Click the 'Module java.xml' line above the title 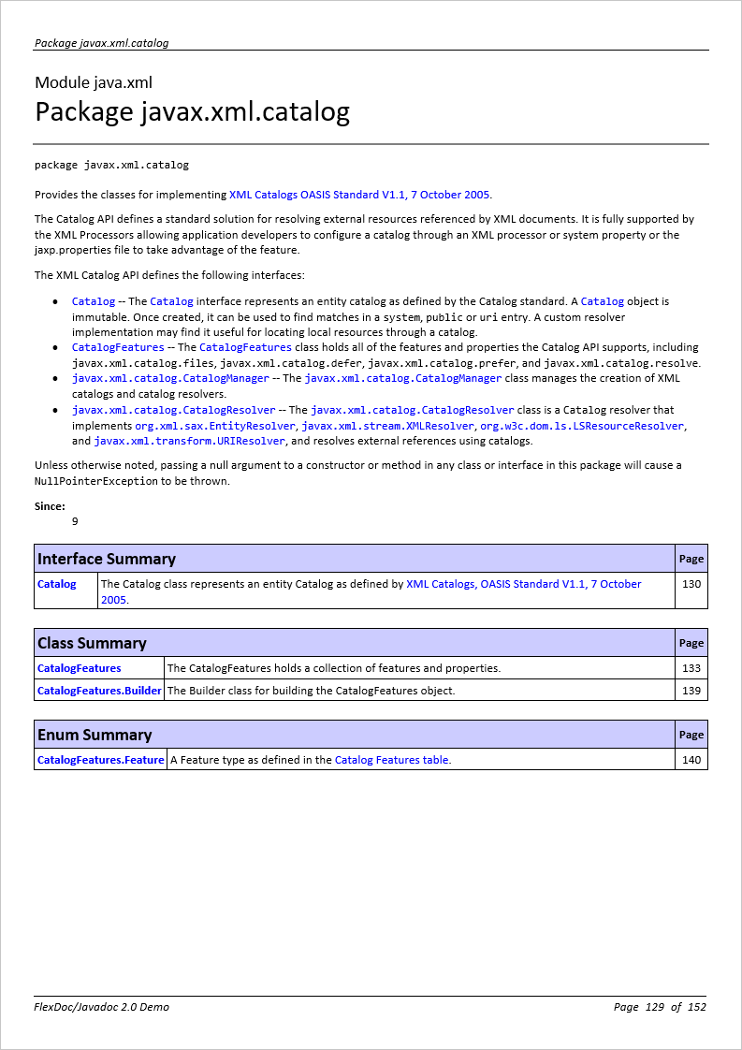coord(94,82)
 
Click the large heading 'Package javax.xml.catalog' coord(192,112)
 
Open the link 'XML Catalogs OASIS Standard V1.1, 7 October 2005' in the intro coord(359,195)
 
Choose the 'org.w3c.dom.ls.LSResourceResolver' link coord(581,425)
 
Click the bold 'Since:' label coord(50,506)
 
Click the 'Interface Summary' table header coord(107,559)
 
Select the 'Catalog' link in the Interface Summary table coord(57,584)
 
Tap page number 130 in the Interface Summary coord(691,584)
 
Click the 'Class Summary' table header coord(92,643)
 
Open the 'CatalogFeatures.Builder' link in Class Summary coord(99,691)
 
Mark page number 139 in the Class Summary coord(691,691)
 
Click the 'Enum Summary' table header coord(95,735)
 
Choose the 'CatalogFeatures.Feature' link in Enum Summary coord(100,760)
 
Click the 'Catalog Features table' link coord(391,760)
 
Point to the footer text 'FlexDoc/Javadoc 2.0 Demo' coord(102,1007)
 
